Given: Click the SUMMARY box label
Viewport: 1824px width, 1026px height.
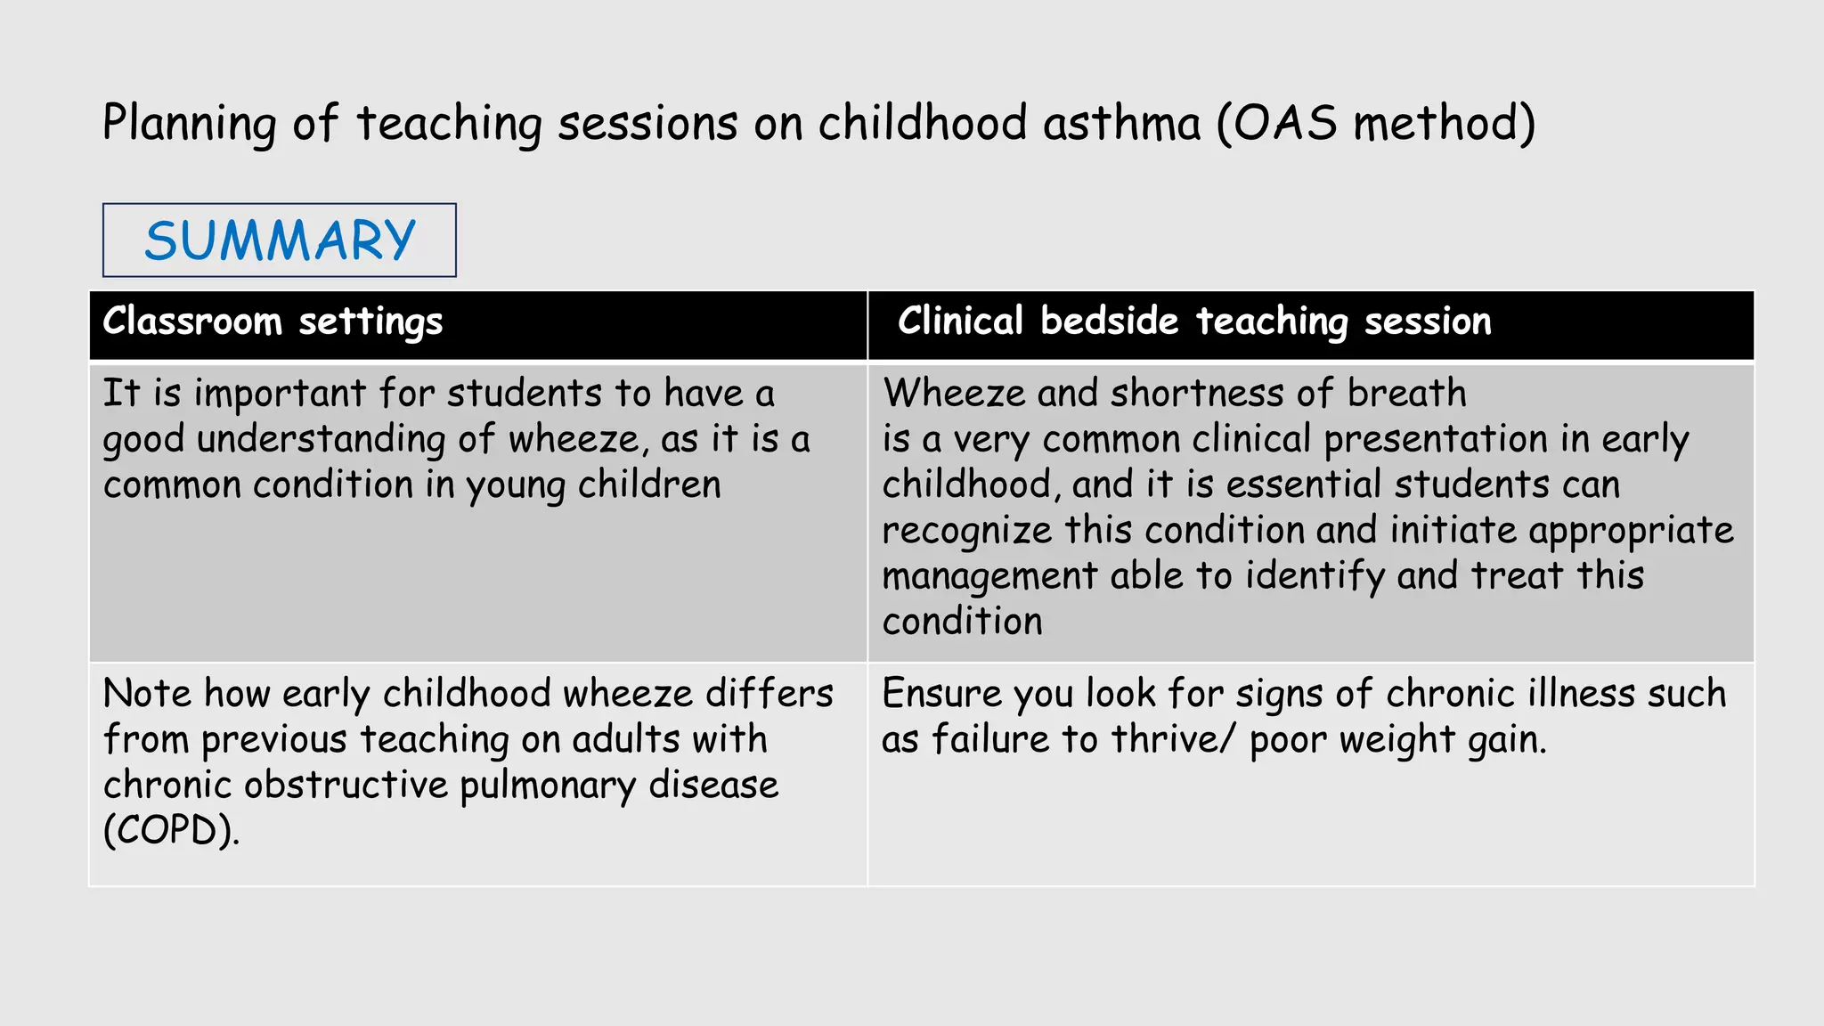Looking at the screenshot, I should tap(280, 240).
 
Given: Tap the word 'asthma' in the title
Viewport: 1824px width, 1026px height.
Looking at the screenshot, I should tap(1121, 123).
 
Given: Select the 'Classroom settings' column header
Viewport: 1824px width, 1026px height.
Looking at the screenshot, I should tap(273, 322).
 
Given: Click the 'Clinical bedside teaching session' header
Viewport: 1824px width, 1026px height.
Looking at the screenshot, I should tap(1193, 322).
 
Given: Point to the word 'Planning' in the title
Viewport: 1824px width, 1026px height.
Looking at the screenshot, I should tap(189, 123).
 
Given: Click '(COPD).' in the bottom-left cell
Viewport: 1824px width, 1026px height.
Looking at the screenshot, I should tap(171, 831).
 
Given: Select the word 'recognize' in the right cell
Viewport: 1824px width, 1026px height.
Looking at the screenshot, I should tap(967, 531).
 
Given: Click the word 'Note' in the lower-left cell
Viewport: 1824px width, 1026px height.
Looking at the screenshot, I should tap(147, 694).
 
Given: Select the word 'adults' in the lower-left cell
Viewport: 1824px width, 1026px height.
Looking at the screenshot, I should tap(626, 739).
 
